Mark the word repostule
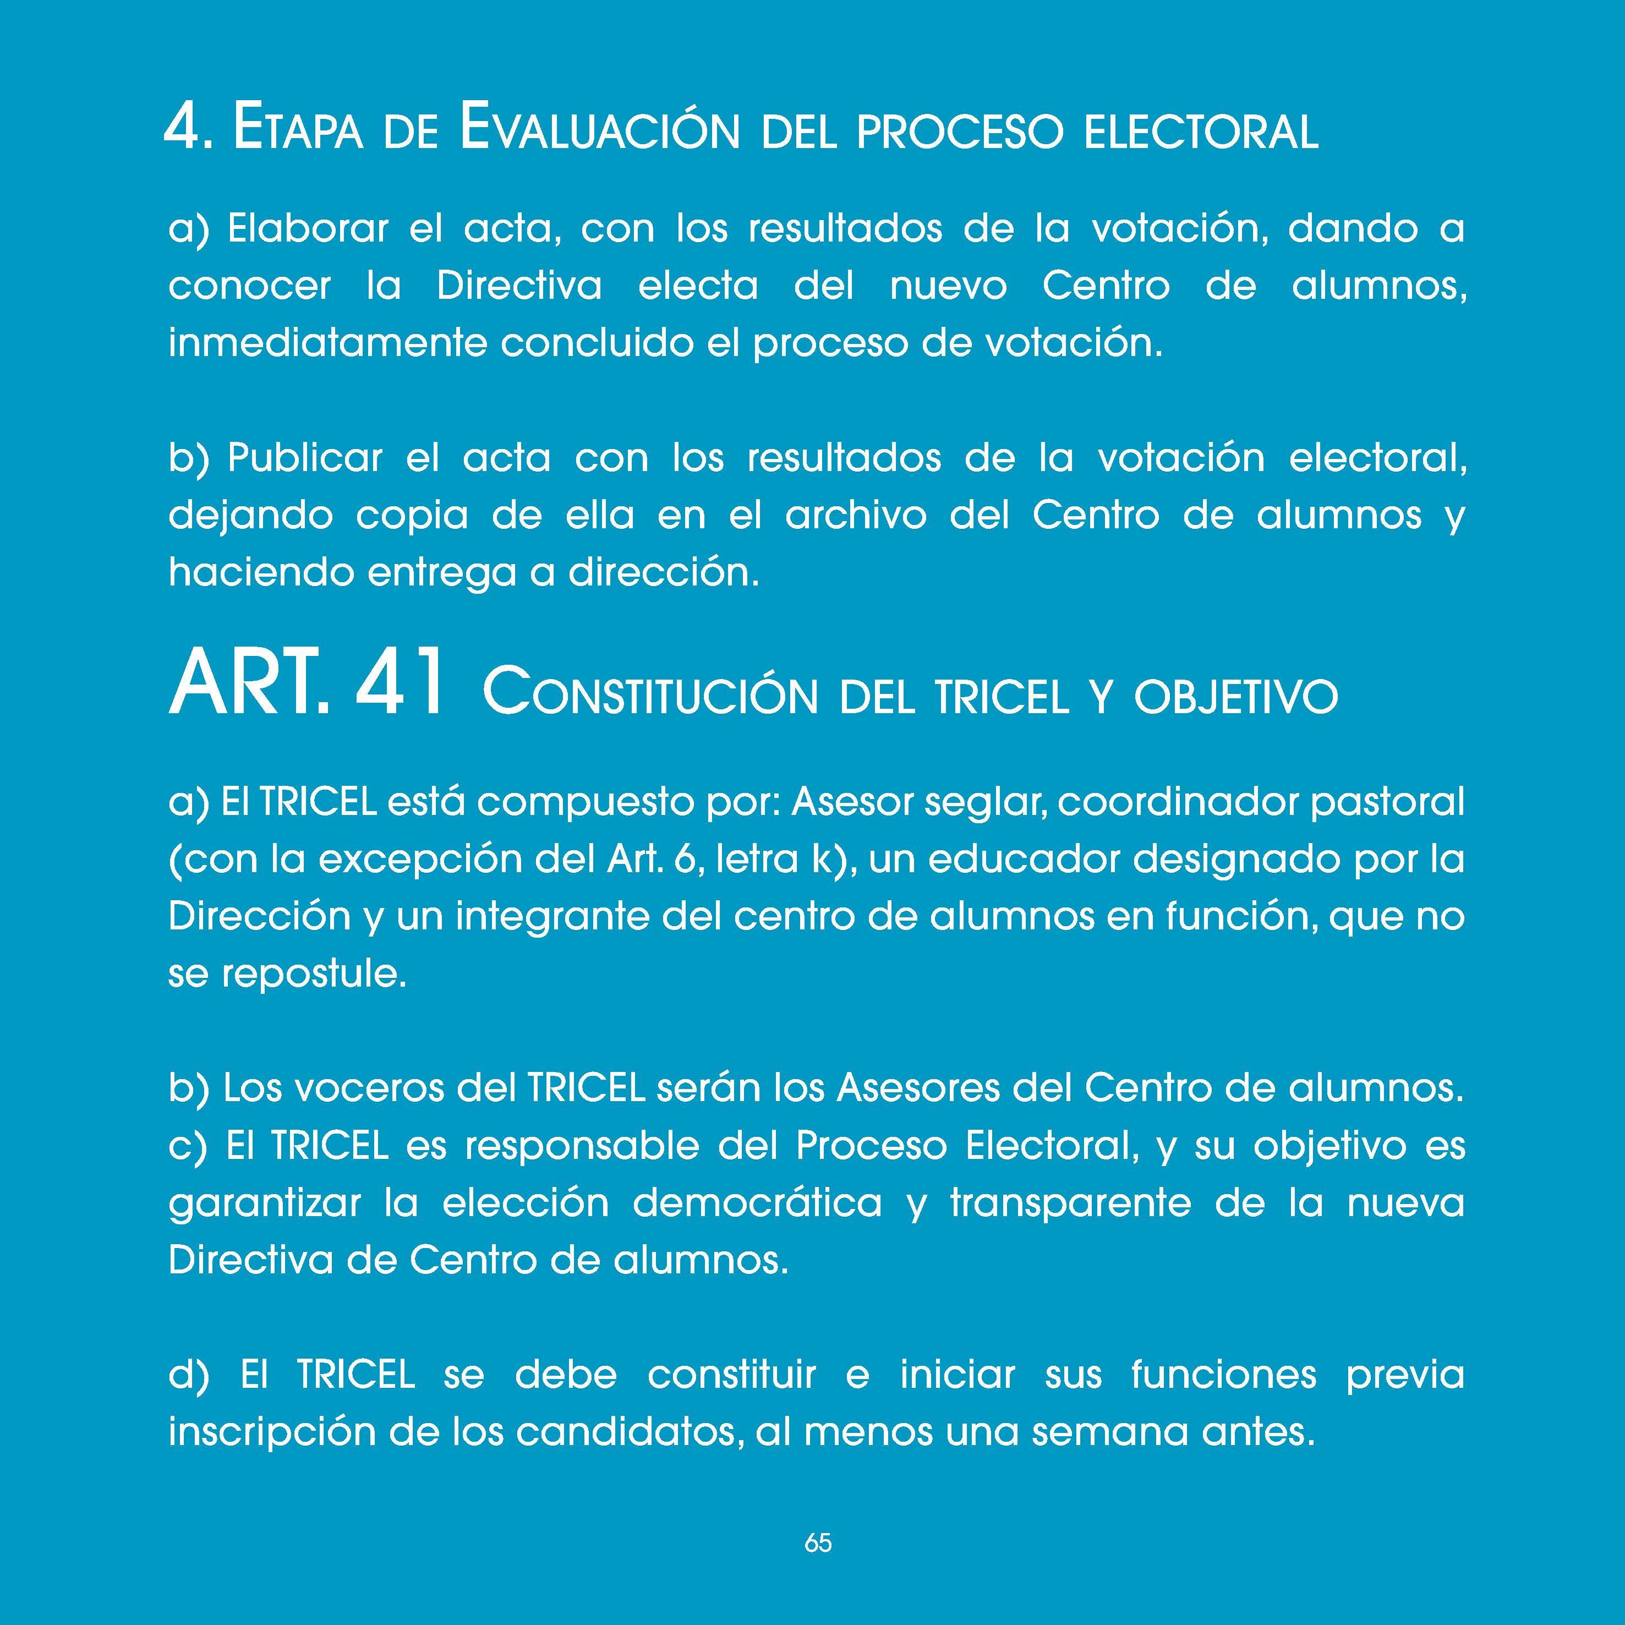314,975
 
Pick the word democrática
757,1203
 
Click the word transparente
1071,1203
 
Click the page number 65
818,1542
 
